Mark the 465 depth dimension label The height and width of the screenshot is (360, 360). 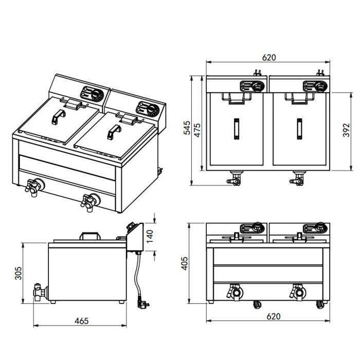point(80,321)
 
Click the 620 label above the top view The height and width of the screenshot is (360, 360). point(268,58)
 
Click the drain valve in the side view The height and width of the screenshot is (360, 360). point(39,292)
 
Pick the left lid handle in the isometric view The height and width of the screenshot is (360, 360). point(55,119)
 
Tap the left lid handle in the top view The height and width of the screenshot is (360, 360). point(236,129)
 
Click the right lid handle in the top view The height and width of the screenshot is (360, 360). point(298,129)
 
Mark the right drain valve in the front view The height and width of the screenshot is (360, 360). point(297,292)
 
